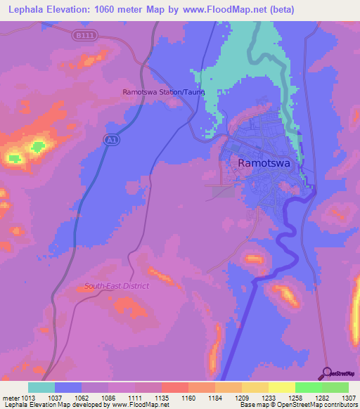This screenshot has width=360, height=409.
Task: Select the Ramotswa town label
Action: pos(264,162)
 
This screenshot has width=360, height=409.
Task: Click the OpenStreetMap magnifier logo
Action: pos(327,372)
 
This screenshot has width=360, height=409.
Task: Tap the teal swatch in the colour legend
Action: pos(41,387)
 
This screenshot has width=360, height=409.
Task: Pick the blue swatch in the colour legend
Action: pos(68,387)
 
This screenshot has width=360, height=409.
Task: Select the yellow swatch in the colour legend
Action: pos(281,387)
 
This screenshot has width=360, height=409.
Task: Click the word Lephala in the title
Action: pos(25,10)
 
